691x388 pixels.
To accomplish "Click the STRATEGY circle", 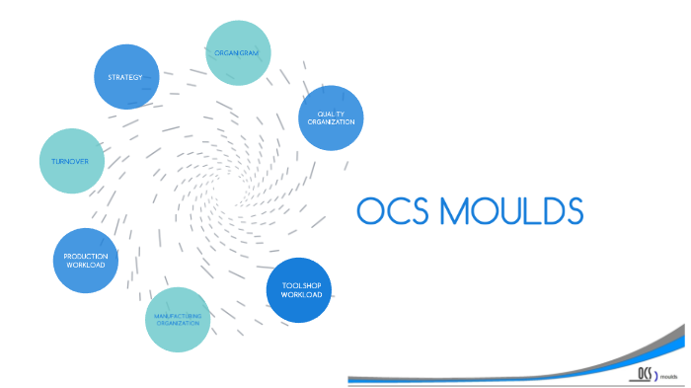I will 126,76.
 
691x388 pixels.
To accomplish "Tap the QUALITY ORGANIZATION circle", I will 331,116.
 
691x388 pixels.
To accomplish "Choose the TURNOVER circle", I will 71,160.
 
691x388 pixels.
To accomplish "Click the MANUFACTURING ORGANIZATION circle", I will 179,319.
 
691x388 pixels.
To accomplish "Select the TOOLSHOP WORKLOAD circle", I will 300,289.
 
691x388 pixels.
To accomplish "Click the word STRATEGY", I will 126,76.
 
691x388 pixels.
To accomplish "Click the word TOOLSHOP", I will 300,285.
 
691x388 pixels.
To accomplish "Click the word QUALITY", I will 331,114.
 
